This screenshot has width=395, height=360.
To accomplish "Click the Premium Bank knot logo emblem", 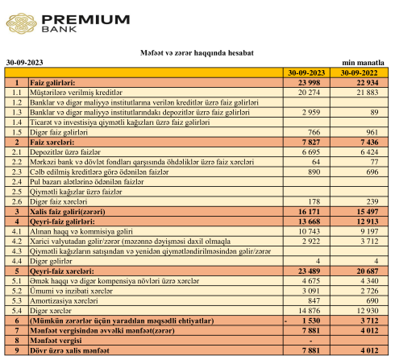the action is point(22,23).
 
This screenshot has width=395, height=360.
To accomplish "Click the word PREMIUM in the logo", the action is point(86,20).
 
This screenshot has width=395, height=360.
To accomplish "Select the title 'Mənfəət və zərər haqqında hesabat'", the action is point(197,53).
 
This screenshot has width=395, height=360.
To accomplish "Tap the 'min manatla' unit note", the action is point(363,63).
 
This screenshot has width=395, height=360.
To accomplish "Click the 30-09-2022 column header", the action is point(359,73).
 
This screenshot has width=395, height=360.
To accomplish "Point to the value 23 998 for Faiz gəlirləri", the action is point(309,83).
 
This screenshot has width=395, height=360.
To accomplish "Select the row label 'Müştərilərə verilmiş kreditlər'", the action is point(76,93).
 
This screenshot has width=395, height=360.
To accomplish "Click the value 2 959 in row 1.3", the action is point(311,112).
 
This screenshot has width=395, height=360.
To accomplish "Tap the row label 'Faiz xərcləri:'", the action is point(52,142).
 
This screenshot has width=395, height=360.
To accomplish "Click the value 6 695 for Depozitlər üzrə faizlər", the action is point(311,152).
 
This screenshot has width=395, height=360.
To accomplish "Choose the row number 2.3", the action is point(17,172).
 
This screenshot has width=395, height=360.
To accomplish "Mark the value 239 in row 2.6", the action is point(372,201).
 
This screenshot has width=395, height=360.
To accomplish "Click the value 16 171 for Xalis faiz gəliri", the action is point(309,212).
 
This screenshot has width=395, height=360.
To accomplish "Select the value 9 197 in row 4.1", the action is point(369,231).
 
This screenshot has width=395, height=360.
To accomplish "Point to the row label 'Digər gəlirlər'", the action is point(51,261).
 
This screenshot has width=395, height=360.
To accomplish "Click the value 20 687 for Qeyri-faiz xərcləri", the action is point(368,271).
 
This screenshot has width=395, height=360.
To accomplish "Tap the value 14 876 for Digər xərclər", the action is point(310,311).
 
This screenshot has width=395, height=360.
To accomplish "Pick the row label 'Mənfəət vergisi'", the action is point(56,341).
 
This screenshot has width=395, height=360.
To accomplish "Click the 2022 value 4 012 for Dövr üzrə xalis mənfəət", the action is point(369,350).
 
